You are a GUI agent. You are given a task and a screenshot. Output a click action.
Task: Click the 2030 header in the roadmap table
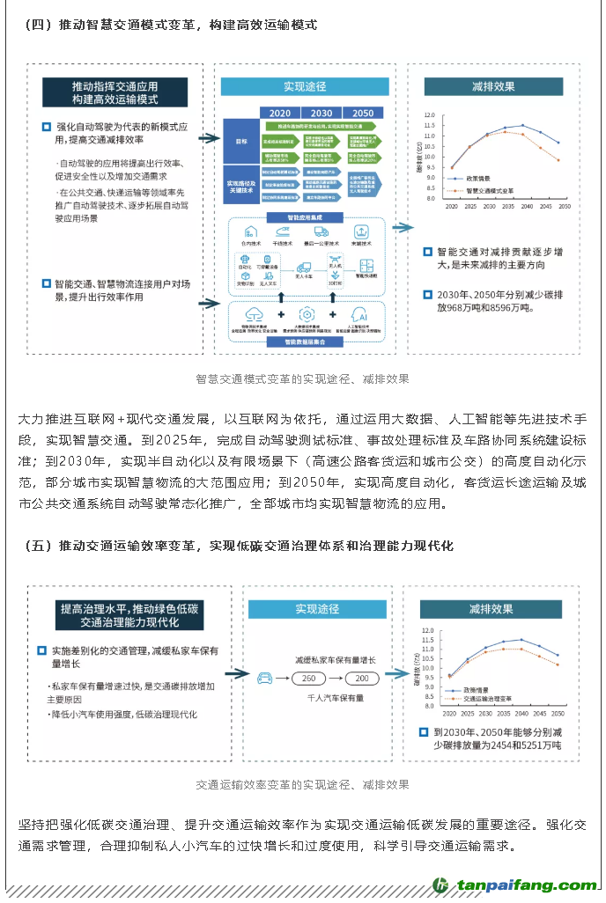[321, 114]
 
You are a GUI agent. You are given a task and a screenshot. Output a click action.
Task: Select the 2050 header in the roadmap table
[363, 114]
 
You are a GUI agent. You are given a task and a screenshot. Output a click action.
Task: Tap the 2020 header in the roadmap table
[280, 114]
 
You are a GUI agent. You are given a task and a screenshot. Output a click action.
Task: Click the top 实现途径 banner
[304, 87]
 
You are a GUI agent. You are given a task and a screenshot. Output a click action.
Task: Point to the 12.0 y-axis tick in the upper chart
[430, 115]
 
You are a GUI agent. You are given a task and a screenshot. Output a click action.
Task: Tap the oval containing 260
[308, 679]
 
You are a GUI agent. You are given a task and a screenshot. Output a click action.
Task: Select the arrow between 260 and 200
[336, 679]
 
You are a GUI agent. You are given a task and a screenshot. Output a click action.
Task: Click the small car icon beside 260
[265, 679]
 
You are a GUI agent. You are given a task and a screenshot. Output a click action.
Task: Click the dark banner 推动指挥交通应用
[115, 93]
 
